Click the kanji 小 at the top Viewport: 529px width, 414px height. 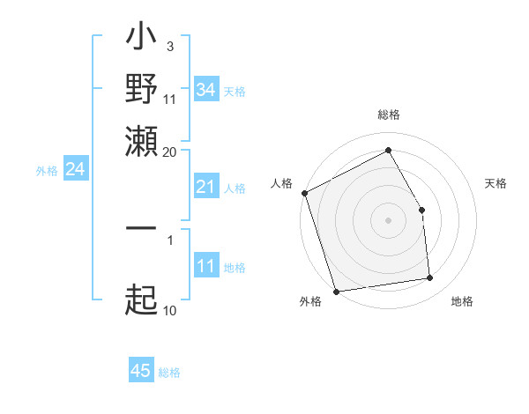coord(141,39)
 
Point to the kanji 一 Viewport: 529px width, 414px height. coord(141,228)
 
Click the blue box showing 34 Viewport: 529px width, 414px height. coord(205,90)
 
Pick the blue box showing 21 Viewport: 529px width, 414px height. coord(205,187)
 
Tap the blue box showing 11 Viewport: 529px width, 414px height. coord(205,266)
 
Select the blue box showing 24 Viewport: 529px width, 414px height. coord(75,168)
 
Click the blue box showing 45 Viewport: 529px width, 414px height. coord(141,371)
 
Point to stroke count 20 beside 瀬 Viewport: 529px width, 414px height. coord(170,152)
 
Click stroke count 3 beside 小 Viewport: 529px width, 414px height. coord(169,46)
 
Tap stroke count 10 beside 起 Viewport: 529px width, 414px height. coord(170,310)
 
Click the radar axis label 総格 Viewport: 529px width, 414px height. coord(389,115)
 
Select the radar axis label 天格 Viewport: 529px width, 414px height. coord(495,183)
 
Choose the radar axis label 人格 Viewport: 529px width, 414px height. coord(282,183)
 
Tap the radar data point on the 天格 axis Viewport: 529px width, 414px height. coord(421,210)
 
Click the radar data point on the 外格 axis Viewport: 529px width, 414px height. coord(337,291)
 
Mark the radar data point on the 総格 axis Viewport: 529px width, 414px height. coord(389,151)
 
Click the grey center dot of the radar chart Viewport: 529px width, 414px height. coord(389,220)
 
